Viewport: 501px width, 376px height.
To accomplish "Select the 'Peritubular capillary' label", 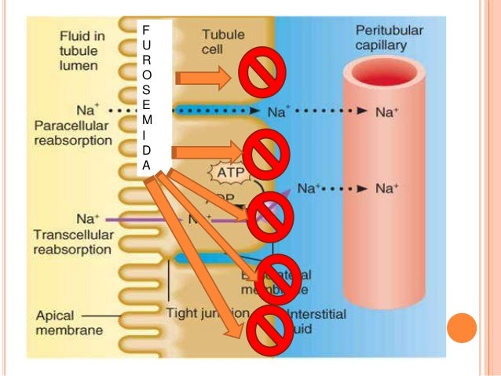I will tap(389, 37).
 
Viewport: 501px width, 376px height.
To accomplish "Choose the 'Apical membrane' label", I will tap(70, 323).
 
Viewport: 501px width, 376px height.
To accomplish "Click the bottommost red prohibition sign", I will tap(271, 325).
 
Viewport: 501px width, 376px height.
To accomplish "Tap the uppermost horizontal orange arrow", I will tap(201, 76).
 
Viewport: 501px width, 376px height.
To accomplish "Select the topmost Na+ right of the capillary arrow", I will tap(386, 111).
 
